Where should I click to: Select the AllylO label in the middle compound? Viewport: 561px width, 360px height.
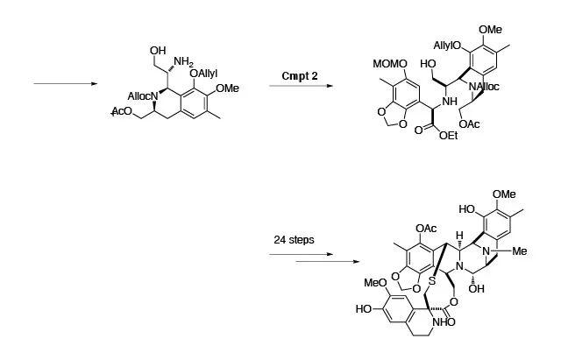pos(449,46)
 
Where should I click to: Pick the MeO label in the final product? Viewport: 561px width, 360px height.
pos(375,284)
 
